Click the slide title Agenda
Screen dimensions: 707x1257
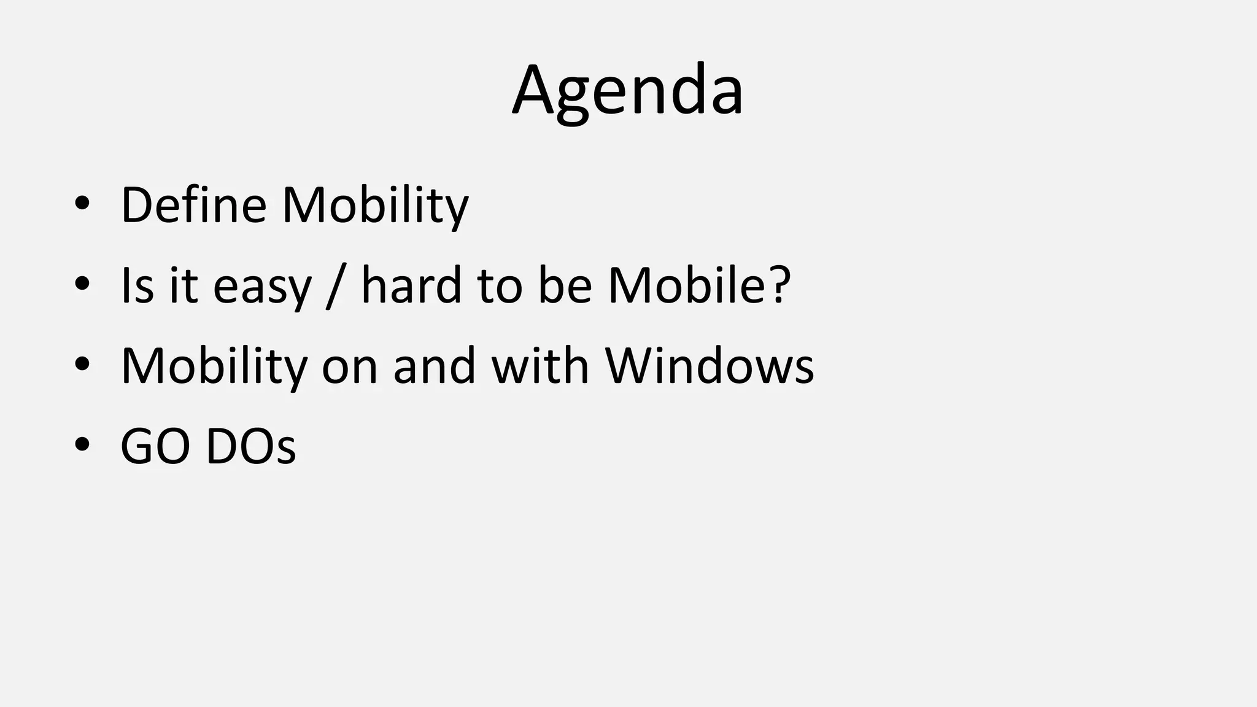(627, 91)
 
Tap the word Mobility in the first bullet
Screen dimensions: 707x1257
(375, 206)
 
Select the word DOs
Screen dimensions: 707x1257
(250, 446)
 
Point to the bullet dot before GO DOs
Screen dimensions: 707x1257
(82, 446)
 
